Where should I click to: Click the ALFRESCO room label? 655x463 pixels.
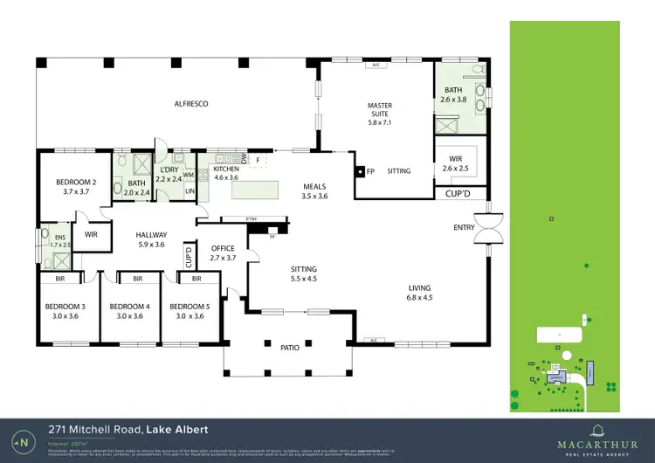coord(190,104)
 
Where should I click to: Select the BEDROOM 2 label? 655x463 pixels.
coord(75,186)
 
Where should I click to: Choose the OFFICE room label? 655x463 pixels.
coord(224,253)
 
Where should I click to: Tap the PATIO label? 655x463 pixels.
coord(290,348)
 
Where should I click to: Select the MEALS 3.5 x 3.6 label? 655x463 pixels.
coord(314,191)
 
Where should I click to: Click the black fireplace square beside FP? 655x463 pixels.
coord(359,171)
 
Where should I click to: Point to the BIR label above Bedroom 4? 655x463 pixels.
coord(137,280)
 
